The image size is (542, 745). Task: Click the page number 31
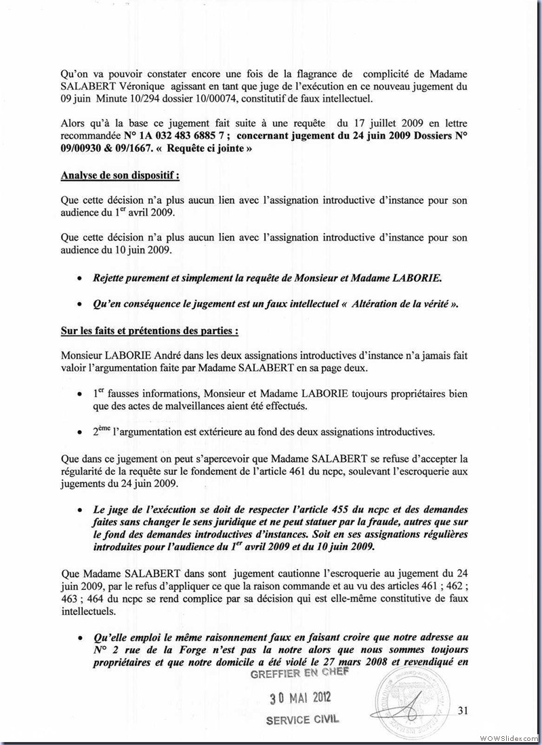tap(463, 710)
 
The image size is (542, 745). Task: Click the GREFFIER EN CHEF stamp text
tap(299, 674)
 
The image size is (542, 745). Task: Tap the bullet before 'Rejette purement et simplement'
tap(80, 278)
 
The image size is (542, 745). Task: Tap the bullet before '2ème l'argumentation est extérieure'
tap(80, 432)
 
